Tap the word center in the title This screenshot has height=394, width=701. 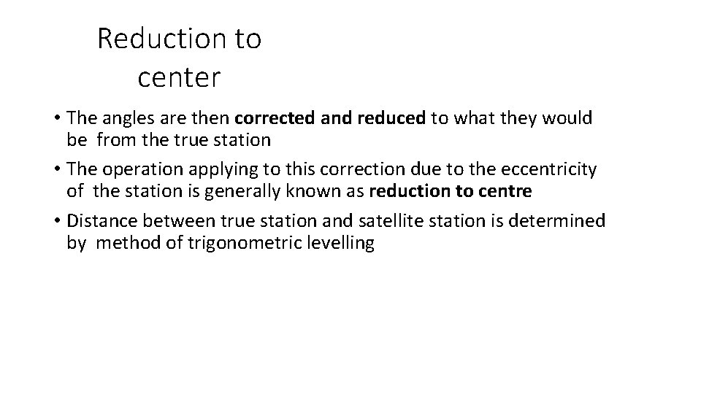click(178, 77)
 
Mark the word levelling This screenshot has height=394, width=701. click(343, 244)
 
